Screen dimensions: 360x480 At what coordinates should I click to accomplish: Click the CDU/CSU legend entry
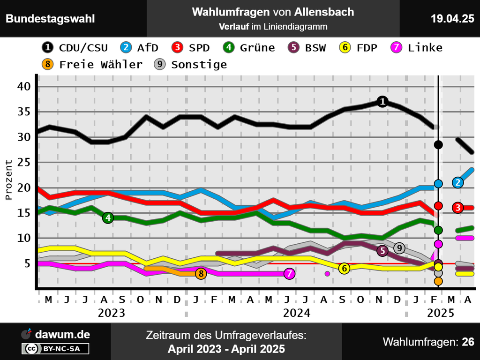(75, 47)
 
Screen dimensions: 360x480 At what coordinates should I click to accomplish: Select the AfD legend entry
(140, 47)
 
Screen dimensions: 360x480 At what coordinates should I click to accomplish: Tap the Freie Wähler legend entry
(92, 64)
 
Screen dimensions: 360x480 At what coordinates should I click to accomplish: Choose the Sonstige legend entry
(190, 64)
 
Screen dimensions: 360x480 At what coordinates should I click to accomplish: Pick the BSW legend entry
(307, 47)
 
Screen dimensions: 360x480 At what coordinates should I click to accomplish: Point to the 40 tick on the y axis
(25, 86)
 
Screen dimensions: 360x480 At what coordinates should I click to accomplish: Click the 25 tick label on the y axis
(25, 162)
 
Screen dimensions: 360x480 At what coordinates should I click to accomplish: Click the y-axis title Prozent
(9, 180)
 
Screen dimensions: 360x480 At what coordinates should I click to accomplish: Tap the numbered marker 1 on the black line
(382, 101)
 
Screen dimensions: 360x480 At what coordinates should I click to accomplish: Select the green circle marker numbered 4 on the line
(108, 217)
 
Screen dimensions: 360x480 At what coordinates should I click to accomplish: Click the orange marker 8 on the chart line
(201, 273)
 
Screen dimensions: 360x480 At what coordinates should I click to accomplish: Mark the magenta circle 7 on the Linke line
(290, 273)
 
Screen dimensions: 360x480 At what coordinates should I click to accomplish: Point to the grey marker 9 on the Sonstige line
(399, 247)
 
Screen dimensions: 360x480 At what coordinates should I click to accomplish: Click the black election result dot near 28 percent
(438, 144)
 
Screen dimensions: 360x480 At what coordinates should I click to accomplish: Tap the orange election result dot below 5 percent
(438, 281)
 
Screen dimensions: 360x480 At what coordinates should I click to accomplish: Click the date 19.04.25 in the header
(452, 19)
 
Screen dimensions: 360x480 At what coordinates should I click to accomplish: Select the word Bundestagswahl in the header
(50, 19)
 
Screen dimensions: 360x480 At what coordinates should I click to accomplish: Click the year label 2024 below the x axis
(297, 313)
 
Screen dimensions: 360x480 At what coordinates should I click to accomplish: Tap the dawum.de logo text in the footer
(63, 334)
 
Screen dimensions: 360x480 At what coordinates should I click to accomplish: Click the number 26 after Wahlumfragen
(468, 342)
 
